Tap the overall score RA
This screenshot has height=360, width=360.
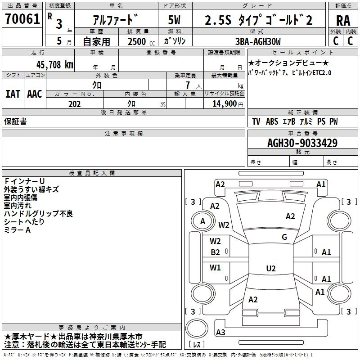[343, 20]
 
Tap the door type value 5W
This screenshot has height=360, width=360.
[175, 20]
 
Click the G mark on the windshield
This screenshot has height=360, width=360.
[284, 237]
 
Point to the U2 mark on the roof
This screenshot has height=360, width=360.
[270, 269]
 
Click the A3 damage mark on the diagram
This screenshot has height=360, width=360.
[220, 333]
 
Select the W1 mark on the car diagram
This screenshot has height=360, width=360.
[216, 268]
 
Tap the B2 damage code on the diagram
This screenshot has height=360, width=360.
[216, 252]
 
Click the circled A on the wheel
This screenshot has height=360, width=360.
[202, 221]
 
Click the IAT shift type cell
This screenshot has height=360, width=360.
[13, 94]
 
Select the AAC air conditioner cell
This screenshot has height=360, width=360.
[35, 94]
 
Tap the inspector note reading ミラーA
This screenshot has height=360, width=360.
[17, 230]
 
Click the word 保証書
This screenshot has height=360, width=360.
[15, 121]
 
